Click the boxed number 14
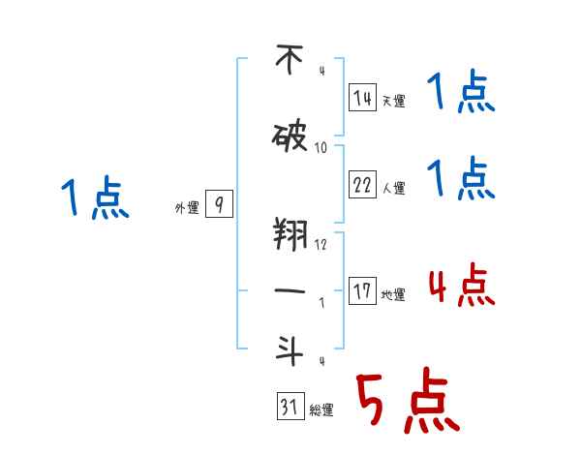pos(363,98)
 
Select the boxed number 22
pos(363,183)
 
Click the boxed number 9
pos(220,204)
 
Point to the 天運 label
pos(393,100)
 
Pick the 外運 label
pos(186,206)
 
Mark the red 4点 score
pos(461,288)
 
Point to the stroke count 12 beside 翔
pos(321,244)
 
